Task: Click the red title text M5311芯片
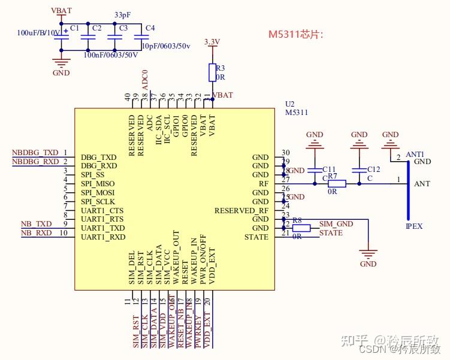[295, 34]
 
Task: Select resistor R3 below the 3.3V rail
[212, 72]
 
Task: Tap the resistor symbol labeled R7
[337, 184]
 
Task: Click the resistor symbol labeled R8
[301, 228]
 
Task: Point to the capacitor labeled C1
[60, 37]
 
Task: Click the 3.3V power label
[212, 43]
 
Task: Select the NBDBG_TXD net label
[35, 153]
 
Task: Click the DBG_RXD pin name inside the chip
[99, 166]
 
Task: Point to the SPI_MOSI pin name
[98, 193]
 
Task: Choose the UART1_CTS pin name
[102, 211]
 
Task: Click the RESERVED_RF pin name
[241, 211]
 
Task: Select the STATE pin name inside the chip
[256, 237]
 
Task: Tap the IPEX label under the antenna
[414, 226]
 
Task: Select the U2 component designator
[289, 104]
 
